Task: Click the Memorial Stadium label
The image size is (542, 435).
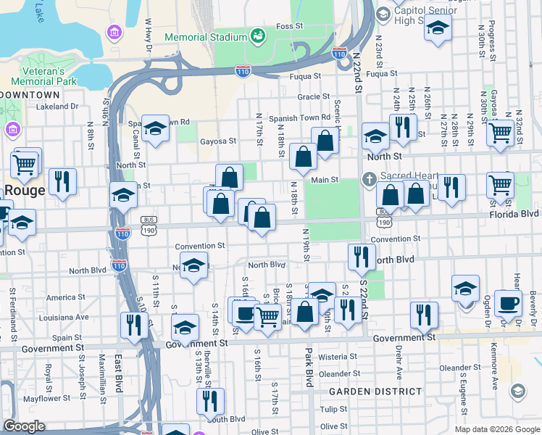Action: pyautogui.click(x=206, y=37)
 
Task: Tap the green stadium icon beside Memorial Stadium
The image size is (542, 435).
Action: pyautogui.click(x=257, y=36)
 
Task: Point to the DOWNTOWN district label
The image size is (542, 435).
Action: pyautogui.click(x=30, y=95)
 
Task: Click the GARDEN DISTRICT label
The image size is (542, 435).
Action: pyautogui.click(x=375, y=391)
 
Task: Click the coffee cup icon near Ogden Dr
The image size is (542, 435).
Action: pyautogui.click(x=508, y=303)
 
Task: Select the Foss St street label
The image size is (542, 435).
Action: pyautogui.click(x=288, y=26)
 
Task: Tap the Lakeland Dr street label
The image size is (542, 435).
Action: pyautogui.click(x=57, y=107)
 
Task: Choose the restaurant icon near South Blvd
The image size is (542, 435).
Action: pyautogui.click(x=210, y=400)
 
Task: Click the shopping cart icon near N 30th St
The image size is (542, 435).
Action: pyautogui.click(x=500, y=133)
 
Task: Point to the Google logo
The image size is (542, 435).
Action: pyautogui.click(x=25, y=427)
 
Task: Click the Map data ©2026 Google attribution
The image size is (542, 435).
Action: pyautogui.click(x=496, y=429)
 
